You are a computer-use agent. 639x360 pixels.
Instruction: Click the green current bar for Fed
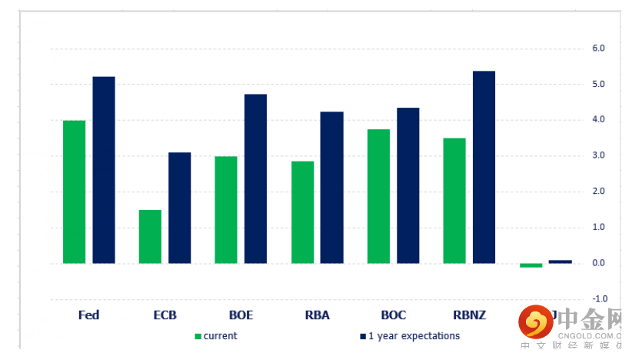(74, 192)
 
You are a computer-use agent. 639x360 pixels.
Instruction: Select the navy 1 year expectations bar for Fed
(104, 170)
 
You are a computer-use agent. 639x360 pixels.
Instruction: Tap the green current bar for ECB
(150, 236)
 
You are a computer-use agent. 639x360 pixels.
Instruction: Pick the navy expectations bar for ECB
(180, 208)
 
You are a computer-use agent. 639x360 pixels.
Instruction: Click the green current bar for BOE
(226, 209)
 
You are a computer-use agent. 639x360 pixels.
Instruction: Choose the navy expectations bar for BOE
(255, 178)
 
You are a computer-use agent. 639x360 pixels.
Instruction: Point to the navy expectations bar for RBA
(331, 187)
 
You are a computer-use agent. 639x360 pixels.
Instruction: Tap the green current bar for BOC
(378, 196)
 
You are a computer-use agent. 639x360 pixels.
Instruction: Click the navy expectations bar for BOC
(408, 185)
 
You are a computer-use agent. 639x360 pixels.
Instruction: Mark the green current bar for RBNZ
(454, 200)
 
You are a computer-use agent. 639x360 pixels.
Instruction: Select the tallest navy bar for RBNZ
(484, 167)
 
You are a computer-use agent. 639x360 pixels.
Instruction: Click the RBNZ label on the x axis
(469, 315)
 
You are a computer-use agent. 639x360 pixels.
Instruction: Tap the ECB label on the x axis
(165, 315)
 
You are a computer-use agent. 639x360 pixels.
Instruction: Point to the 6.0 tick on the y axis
(598, 48)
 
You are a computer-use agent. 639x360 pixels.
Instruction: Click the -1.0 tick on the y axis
(597, 298)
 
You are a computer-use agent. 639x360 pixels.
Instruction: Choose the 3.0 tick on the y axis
(598, 155)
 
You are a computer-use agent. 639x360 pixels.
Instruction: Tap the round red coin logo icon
(535, 321)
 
